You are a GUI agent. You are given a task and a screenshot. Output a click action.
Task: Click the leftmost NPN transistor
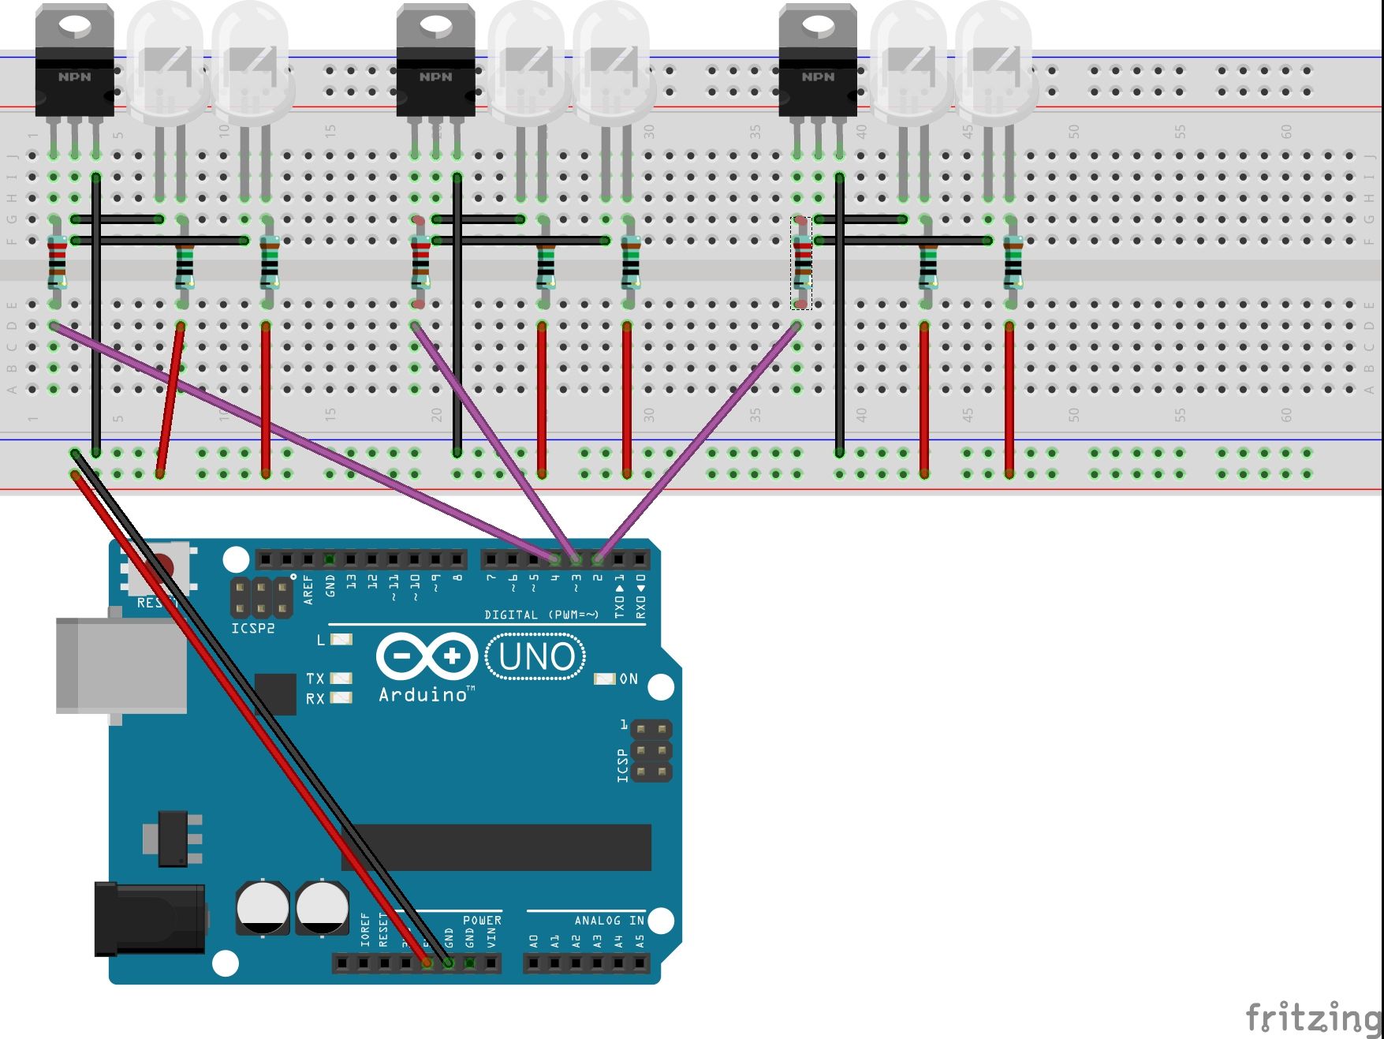tap(74, 63)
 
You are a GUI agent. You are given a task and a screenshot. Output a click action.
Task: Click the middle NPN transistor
tap(435, 63)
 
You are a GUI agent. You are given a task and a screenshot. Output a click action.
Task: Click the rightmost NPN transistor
tap(818, 63)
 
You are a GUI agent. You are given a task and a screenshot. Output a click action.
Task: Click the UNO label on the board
tap(536, 656)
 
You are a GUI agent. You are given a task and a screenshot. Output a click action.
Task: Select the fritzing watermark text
tap(1313, 1017)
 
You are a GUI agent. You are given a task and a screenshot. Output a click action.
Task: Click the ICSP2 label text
tap(252, 629)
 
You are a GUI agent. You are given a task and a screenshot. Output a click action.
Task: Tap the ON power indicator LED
tap(604, 678)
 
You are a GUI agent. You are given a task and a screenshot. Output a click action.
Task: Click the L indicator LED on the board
tap(341, 640)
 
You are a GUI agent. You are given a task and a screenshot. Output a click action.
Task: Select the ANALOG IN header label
tap(609, 920)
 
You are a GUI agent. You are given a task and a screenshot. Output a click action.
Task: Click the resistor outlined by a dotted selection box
tap(801, 263)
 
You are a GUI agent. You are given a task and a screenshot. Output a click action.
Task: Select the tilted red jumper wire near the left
tap(170, 400)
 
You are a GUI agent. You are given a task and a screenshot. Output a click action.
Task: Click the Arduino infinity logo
tap(427, 656)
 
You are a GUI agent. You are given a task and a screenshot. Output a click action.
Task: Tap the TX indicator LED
tap(341, 678)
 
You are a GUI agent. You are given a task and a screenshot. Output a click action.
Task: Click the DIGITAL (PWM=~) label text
tap(541, 615)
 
